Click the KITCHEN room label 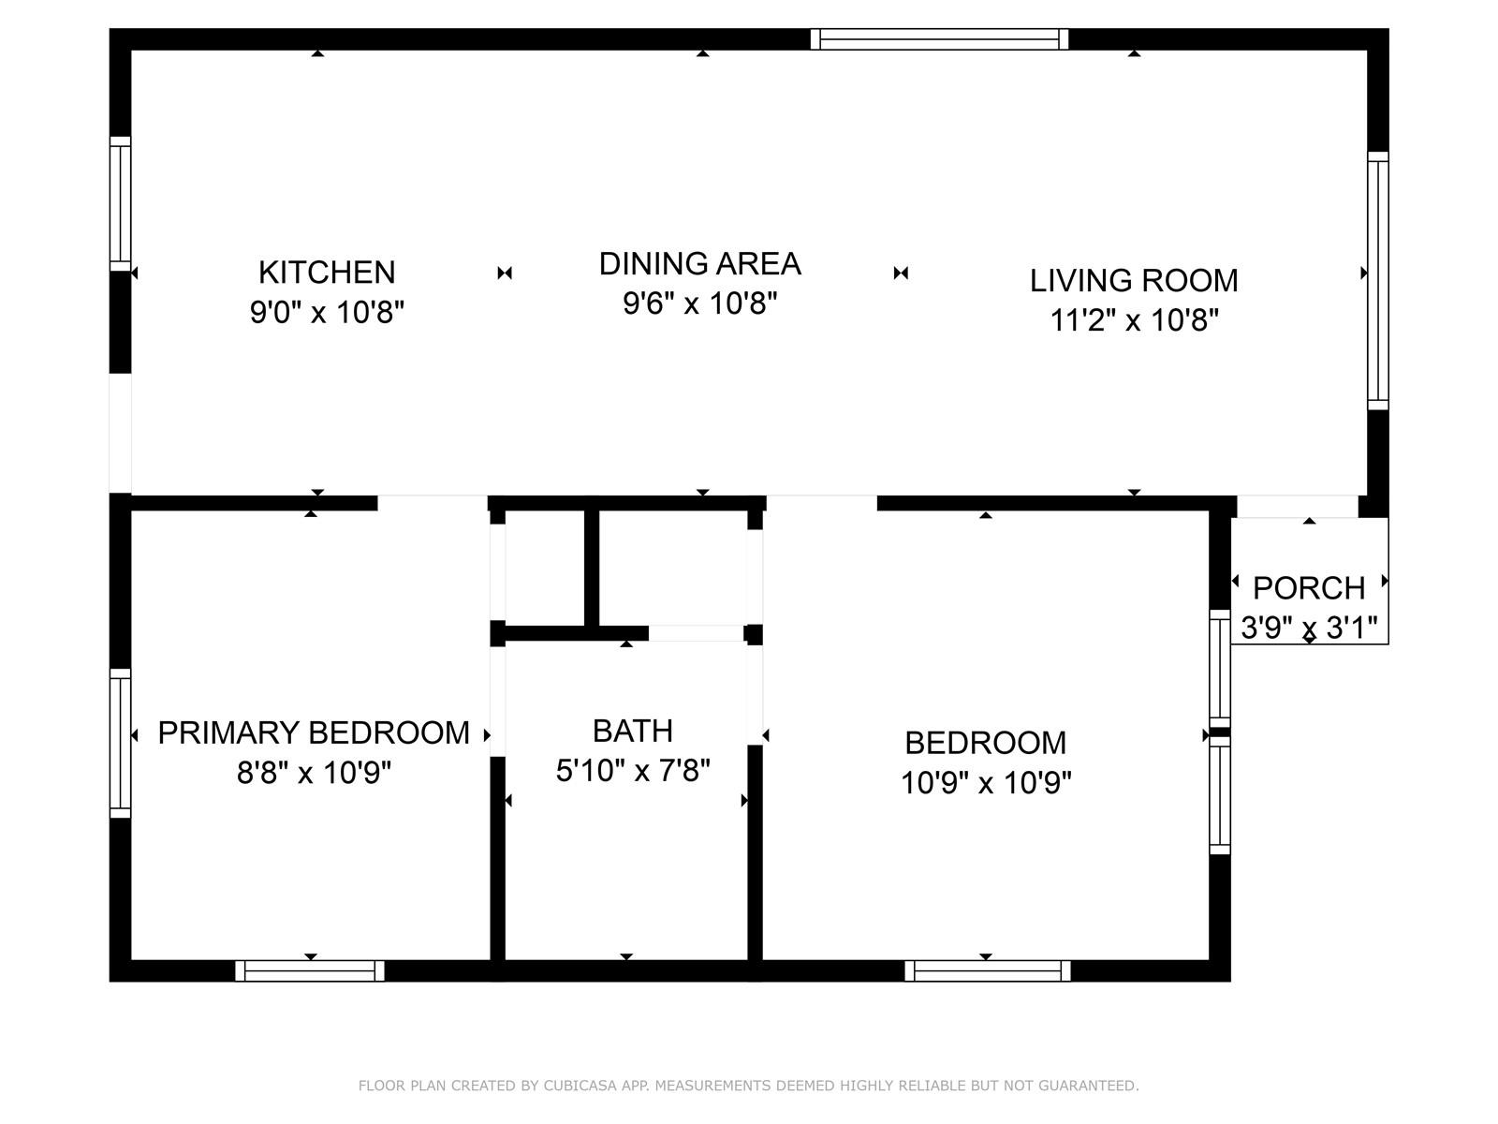(327, 273)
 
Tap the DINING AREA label (699, 263)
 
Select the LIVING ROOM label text (1134, 280)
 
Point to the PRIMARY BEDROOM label (314, 733)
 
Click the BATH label (633, 731)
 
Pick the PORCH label (1309, 587)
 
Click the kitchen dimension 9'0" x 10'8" (327, 312)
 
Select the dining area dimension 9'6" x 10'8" (699, 303)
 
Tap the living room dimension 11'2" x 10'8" (1134, 319)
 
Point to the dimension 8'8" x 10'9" (314, 773)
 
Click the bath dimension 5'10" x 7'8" (633, 771)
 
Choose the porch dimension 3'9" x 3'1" (1309, 628)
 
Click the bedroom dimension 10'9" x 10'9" (986, 782)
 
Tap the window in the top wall (939, 39)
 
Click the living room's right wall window (1378, 280)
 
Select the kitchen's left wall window (120, 203)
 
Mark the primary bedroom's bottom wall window (310, 969)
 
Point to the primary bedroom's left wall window (120, 743)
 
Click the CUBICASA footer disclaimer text (749, 1085)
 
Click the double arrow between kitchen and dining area (505, 273)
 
